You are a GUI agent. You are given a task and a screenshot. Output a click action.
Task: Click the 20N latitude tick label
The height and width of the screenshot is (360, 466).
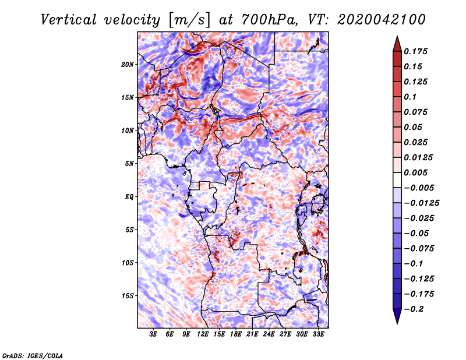point(128,64)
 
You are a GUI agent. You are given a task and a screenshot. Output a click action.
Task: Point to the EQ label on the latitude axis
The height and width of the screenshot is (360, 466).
point(129,196)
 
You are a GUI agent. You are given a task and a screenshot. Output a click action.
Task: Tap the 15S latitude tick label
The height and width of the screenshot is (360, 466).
point(128,295)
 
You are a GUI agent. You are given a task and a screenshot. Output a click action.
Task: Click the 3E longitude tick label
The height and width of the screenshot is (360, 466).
point(154,334)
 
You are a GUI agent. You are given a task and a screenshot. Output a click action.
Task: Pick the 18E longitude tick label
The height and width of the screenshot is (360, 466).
point(236,334)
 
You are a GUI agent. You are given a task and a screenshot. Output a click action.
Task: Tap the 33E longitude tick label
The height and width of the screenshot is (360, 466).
point(318,334)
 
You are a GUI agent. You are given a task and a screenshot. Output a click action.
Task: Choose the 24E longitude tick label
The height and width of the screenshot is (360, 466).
point(269,334)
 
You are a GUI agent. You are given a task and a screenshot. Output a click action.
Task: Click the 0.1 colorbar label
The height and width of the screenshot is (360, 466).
point(412,97)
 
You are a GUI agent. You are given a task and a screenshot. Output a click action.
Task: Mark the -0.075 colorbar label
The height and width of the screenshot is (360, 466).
point(420,248)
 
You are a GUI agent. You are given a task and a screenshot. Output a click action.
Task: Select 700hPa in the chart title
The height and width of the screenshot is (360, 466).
point(249,20)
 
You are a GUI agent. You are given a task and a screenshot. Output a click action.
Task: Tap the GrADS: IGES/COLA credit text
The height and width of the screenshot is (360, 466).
point(33,355)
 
